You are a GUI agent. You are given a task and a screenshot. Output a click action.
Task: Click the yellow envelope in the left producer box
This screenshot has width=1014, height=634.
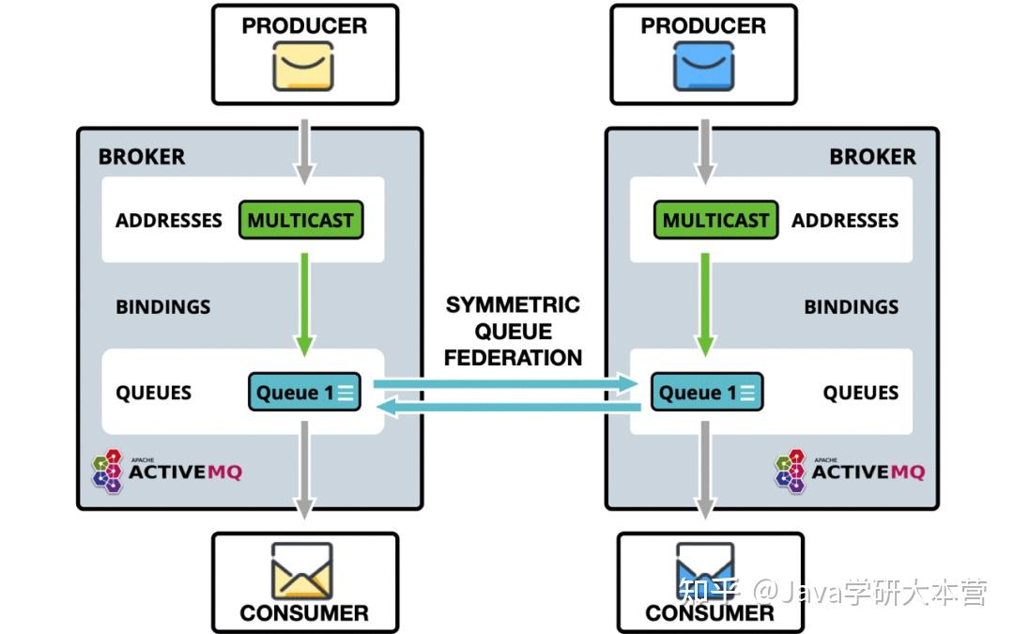(303, 66)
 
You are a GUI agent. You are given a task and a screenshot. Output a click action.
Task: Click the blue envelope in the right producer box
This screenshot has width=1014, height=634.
(703, 66)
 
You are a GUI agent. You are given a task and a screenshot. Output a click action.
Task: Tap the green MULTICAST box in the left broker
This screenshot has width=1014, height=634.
(300, 220)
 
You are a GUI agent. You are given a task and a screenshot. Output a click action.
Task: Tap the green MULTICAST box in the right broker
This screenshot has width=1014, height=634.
(715, 220)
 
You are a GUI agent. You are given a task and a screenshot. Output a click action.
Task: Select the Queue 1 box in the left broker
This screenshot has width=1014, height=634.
(304, 392)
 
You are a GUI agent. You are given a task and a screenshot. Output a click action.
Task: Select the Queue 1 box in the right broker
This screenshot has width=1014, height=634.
(707, 392)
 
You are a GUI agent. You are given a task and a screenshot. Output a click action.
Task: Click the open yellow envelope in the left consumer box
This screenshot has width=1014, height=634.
(302, 570)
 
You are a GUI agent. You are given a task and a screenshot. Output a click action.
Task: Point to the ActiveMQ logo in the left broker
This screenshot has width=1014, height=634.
(167, 472)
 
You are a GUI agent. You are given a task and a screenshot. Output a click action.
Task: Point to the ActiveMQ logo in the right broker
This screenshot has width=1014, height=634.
(850, 472)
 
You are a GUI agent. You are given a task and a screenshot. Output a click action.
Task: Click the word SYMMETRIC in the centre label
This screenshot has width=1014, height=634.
(513, 304)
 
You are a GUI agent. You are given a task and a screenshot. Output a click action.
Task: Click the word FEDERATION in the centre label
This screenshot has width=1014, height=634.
(513, 358)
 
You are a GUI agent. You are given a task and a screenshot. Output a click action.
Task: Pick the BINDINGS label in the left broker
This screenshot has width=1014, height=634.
(163, 306)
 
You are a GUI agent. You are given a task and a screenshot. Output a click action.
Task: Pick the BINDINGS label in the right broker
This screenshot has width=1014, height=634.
(851, 306)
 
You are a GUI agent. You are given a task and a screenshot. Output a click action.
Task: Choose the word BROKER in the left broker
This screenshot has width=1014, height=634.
(142, 157)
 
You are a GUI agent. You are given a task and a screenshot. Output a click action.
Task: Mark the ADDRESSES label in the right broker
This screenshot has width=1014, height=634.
(845, 221)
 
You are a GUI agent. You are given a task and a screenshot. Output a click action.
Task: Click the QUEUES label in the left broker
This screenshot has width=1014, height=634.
(153, 393)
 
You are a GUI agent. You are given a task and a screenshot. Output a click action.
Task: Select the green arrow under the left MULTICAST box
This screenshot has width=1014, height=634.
(304, 304)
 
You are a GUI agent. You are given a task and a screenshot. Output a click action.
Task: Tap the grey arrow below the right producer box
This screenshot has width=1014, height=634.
(705, 151)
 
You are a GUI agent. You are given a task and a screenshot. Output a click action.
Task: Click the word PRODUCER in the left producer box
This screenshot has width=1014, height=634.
(304, 26)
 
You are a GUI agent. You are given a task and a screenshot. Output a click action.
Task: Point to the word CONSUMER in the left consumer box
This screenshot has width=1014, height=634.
(304, 612)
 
